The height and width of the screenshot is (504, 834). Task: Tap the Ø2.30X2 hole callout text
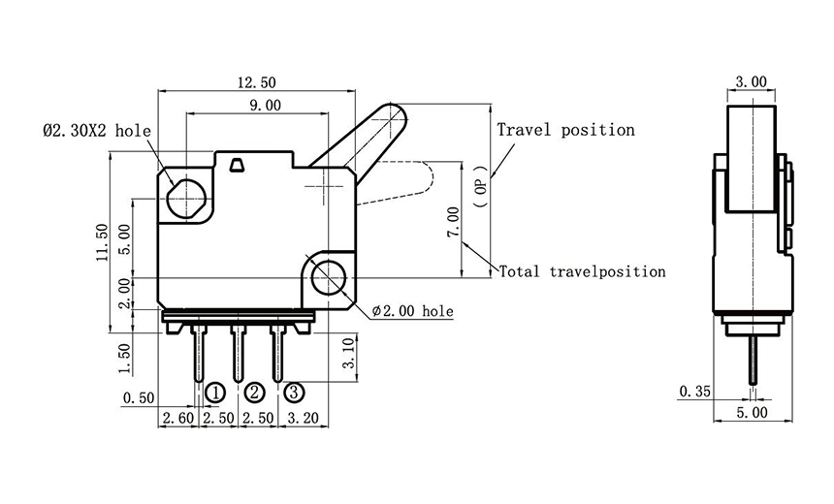click(x=96, y=130)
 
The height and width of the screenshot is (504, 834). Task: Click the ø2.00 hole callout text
click(x=411, y=311)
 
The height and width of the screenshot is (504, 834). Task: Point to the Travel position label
click(x=565, y=130)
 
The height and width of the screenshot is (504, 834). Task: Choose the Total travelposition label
click(x=582, y=271)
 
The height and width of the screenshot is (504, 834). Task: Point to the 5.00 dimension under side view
click(x=752, y=412)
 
